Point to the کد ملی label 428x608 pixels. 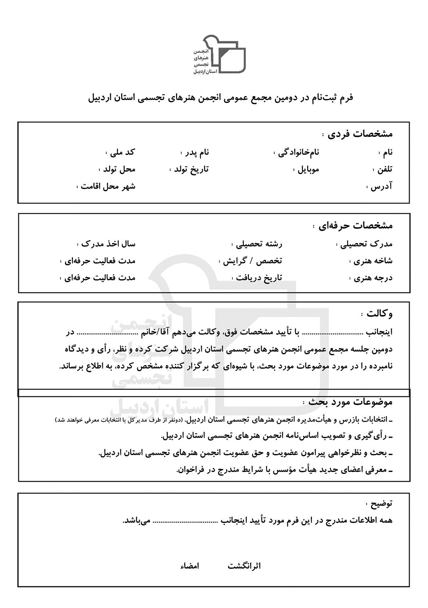click(123, 152)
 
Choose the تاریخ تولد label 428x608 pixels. click(191, 169)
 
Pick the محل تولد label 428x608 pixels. click(119, 169)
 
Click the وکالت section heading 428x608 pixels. click(380, 314)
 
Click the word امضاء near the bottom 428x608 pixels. click(190, 566)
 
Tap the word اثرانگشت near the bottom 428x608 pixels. click(244, 566)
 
